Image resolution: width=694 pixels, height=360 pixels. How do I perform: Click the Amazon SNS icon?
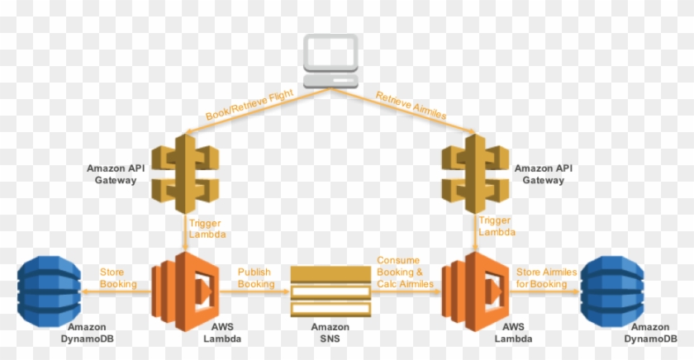330,290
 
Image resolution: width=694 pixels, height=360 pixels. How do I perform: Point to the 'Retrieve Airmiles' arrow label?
411,106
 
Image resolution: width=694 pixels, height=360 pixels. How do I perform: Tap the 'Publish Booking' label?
255,277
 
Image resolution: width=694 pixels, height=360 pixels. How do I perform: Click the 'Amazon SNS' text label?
330,333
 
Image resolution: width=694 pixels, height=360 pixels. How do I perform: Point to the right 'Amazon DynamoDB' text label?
657,333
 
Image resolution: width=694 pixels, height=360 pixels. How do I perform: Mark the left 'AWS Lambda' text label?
222,333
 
